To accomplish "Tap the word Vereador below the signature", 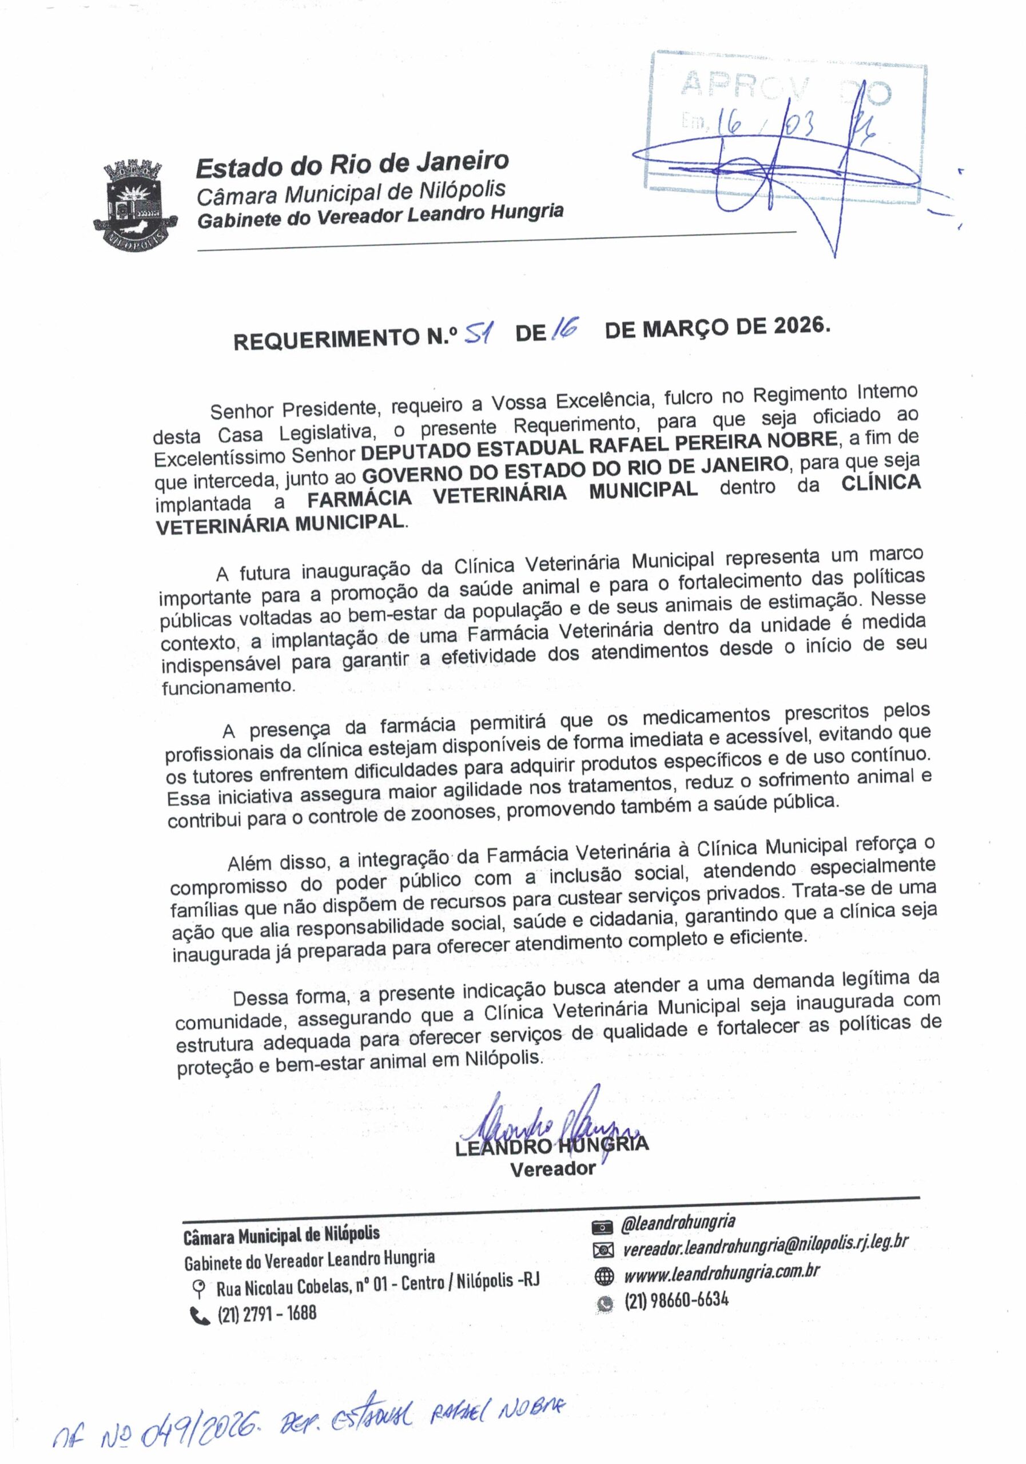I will pos(553,1169).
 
